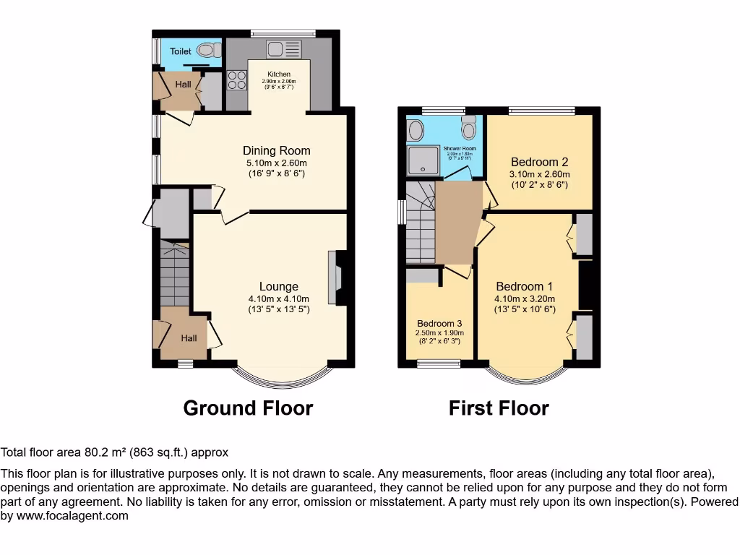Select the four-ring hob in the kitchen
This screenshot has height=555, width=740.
(x=236, y=79)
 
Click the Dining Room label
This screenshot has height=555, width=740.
(x=276, y=151)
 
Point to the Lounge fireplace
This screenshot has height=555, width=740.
(x=335, y=277)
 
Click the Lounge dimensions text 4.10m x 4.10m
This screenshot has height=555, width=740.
(x=279, y=299)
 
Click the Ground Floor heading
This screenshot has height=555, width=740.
(x=248, y=408)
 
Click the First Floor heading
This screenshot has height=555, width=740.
(x=499, y=408)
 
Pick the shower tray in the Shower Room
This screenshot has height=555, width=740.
(x=425, y=161)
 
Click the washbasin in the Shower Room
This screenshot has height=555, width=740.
(x=416, y=130)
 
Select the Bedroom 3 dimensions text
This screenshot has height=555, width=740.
(x=439, y=337)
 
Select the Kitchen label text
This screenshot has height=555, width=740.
(x=279, y=74)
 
